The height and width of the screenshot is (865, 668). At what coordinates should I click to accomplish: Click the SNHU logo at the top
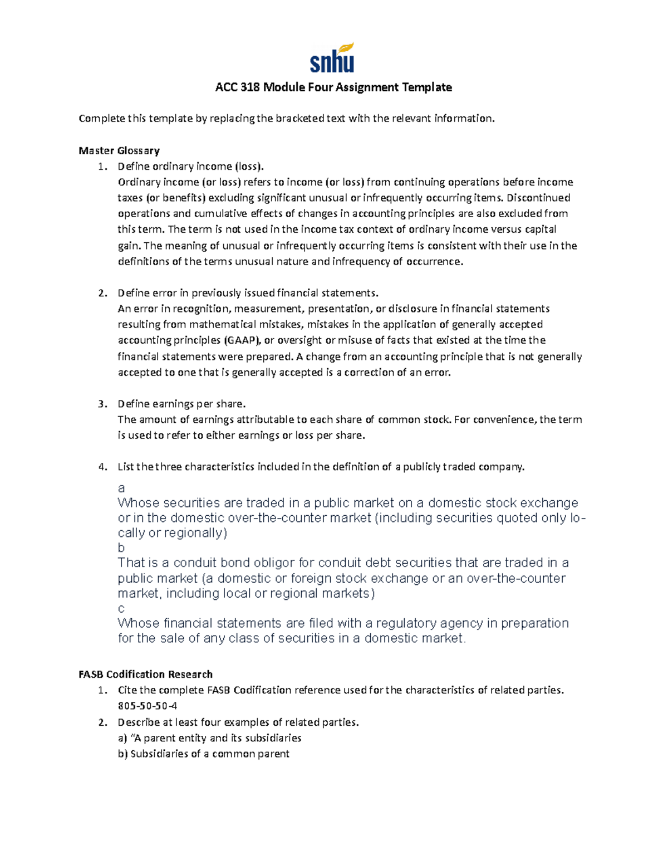[x=332, y=58]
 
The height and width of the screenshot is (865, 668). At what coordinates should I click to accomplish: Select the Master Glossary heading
[x=119, y=150]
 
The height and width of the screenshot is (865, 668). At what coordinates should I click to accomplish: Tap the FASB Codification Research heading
[x=145, y=675]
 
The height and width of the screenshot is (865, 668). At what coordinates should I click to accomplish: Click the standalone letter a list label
[x=121, y=488]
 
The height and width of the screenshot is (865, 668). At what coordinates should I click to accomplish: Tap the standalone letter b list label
[x=121, y=548]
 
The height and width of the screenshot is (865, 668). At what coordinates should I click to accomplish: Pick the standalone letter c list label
[x=121, y=608]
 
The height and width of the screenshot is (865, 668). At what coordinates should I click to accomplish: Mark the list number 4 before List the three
[x=102, y=467]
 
